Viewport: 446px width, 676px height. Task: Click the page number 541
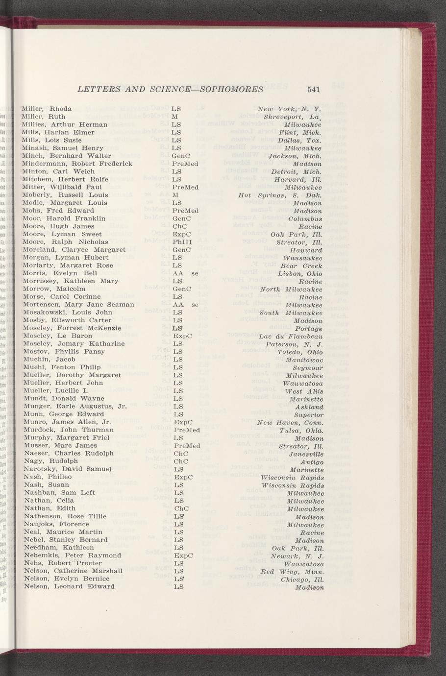(314, 89)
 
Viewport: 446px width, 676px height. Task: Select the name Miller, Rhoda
(47, 109)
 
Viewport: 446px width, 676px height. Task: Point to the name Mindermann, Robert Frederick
(77, 164)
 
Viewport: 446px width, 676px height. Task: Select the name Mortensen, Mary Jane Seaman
(78, 305)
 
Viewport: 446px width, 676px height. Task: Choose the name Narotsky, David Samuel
(67, 469)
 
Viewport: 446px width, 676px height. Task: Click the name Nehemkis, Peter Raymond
(72, 555)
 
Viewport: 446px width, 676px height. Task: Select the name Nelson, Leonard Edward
(69, 586)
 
